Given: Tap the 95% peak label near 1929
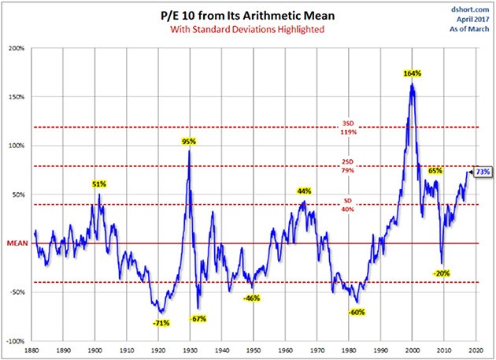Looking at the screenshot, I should (x=189, y=142).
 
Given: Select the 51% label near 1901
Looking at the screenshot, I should (x=99, y=184).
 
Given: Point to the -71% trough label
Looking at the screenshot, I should (x=161, y=322).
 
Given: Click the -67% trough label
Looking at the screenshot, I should (x=198, y=318).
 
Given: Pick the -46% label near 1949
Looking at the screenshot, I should (x=252, y=298).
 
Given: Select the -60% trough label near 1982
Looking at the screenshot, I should (x=356, y=312).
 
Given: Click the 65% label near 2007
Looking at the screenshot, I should (x=434, y=170).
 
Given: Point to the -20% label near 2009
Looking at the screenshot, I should (x=441, y=273).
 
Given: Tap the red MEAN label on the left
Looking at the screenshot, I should (x=17, y=243).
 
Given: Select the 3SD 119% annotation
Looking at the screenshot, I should (x=347, y=127).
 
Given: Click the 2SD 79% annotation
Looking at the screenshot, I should (x=347, y=166).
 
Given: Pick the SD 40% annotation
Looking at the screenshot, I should (x=347, y=206).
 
